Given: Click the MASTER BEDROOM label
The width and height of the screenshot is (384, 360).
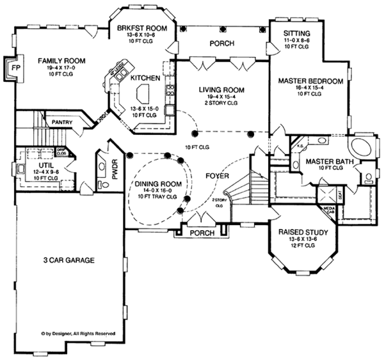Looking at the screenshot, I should tap(311, 81).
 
